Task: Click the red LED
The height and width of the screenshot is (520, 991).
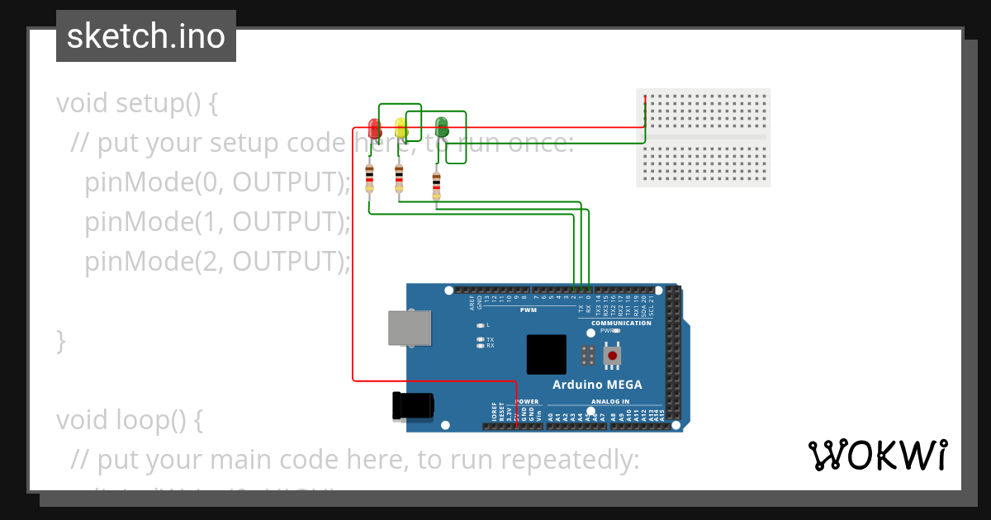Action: pos(374,129)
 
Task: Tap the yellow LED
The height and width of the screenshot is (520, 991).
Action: pos(401,128)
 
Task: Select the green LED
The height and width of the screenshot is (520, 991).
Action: pos(441,126)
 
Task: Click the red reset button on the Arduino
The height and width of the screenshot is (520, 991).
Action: pos(613,355)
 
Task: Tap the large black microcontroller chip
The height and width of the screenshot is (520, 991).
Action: pos(547,354)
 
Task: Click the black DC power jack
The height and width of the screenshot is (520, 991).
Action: pos(412,405)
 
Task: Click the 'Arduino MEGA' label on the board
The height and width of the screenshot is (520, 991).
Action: pos(596,385)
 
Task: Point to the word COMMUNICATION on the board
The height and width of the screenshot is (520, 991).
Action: pos(621,323)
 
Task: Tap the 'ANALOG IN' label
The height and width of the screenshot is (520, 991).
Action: pos(609,402)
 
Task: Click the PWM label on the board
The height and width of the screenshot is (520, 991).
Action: pos(528,310)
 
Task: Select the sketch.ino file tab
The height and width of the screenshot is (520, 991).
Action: pos(146,36)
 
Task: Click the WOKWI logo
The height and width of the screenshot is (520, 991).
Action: pos(877,456)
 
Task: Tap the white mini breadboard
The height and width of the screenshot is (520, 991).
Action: pos(703,137)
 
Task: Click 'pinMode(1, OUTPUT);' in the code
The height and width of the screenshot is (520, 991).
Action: pos(217,221)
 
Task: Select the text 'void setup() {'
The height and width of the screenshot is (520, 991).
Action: pos(137,103)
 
